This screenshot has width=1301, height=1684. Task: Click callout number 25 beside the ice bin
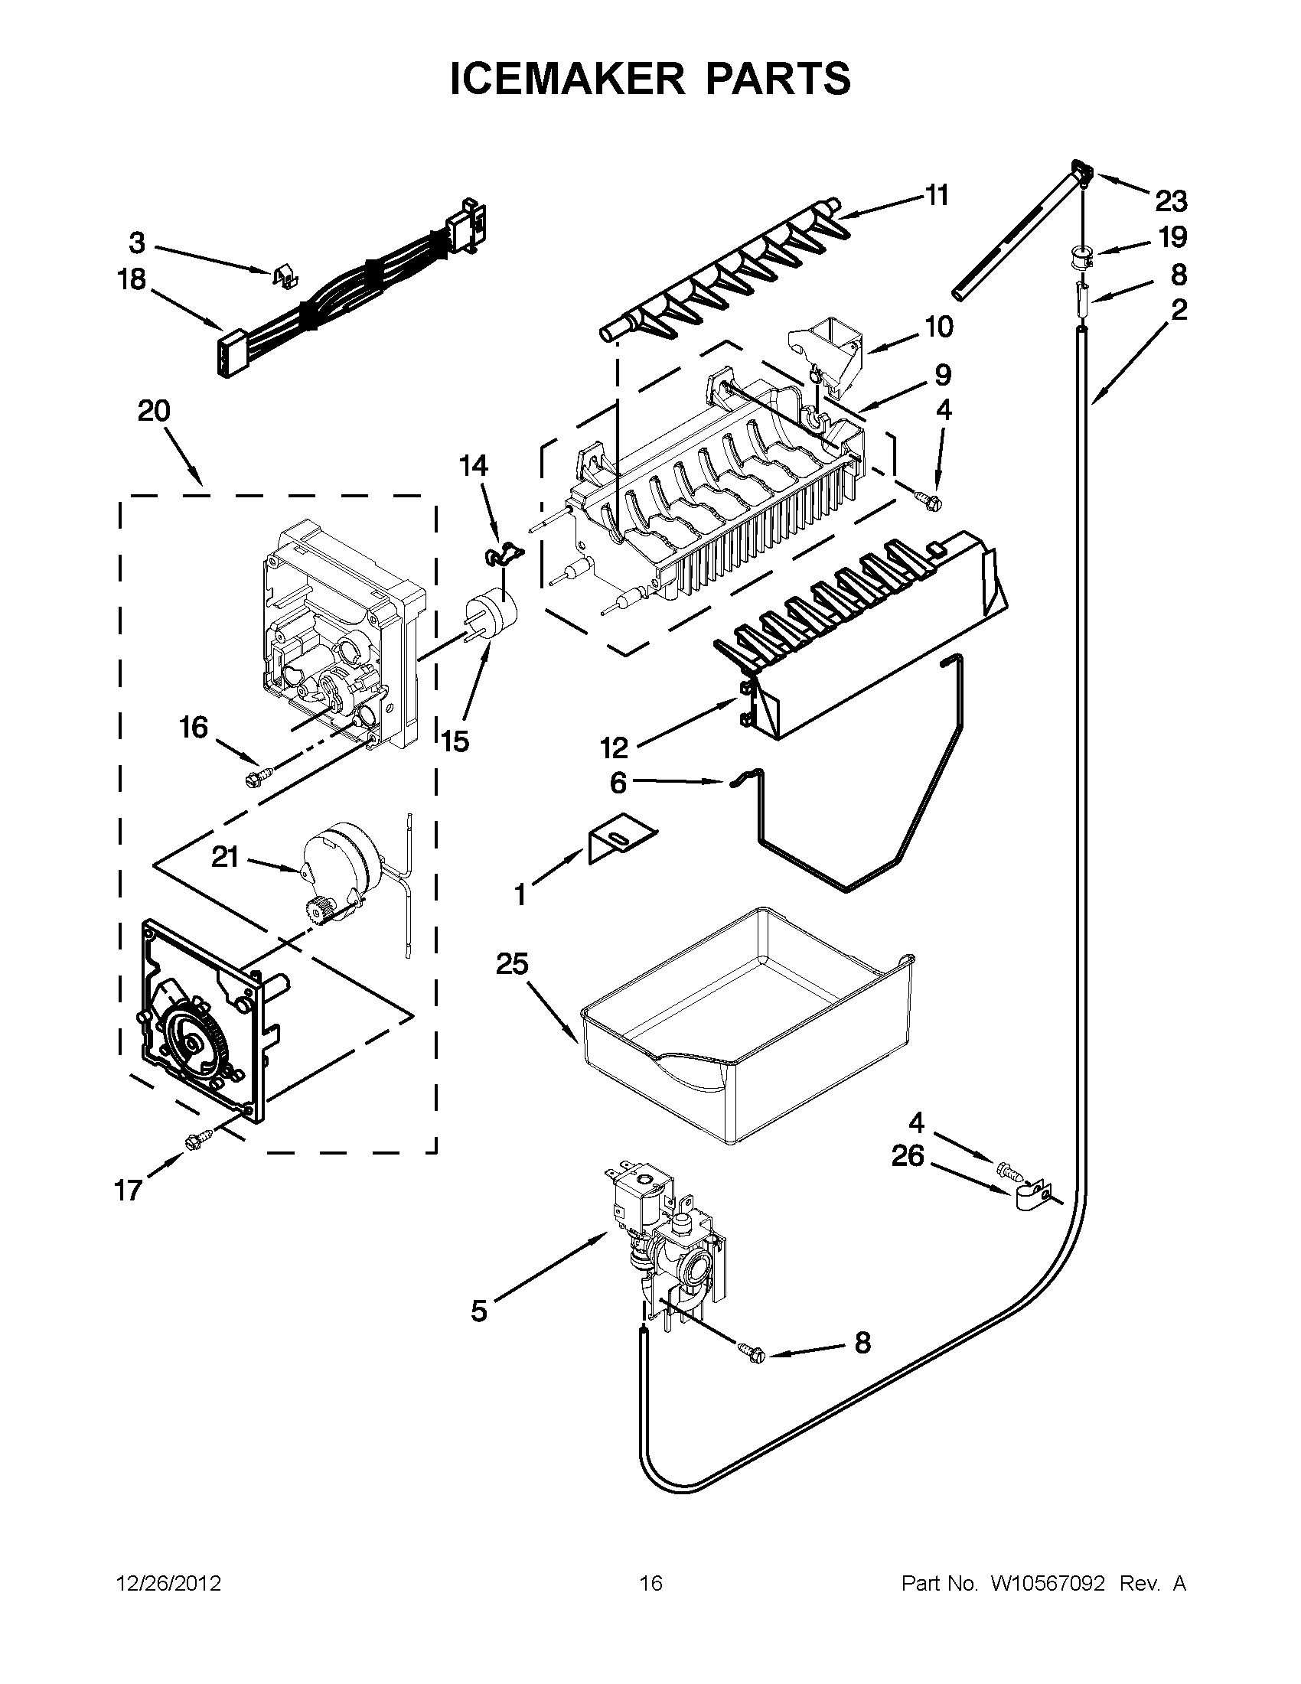click(512, 964)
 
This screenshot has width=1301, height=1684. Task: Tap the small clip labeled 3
click(286, 275)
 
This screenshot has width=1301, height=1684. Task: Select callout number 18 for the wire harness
click(132, 280)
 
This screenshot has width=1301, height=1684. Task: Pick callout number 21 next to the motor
click(225, 857)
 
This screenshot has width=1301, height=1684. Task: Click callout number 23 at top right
click(1171, 202)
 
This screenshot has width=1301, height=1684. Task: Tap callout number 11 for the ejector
click(936, 196)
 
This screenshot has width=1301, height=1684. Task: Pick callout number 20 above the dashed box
click(154, 411)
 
